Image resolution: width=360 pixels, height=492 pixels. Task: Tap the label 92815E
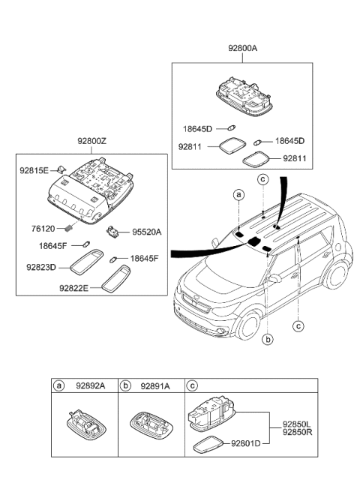(34, 170)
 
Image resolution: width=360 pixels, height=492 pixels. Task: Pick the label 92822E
(75, 286)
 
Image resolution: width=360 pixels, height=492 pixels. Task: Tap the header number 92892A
(88, 385)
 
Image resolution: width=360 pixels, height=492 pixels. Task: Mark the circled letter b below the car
(267, 339)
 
